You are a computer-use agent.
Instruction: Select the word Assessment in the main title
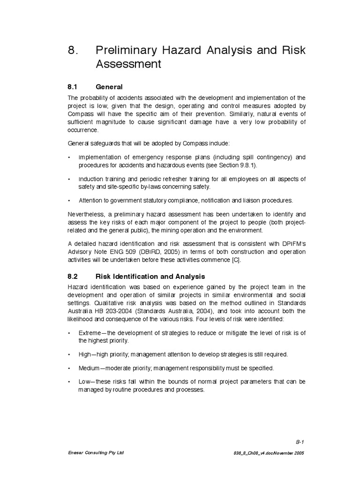(128, 64)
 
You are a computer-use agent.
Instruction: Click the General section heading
(109, 87)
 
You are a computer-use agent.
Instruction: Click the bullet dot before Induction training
(69, 180)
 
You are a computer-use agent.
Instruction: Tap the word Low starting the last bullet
(84, 382)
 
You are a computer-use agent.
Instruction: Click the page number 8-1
(300, 442)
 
